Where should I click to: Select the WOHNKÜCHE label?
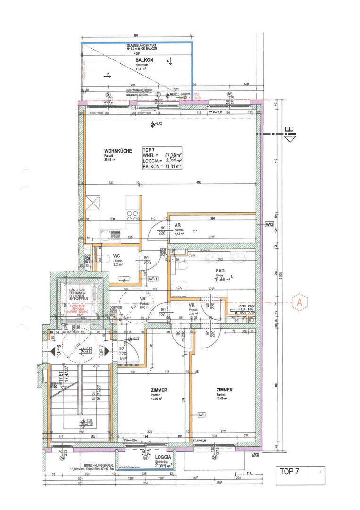coord(115,151)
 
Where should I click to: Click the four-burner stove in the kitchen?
coord(132,215)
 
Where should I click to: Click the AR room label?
coord(177,225)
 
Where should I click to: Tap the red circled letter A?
coord(298,303)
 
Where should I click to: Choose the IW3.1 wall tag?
coord(152,280)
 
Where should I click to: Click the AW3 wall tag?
coord(270,224)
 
